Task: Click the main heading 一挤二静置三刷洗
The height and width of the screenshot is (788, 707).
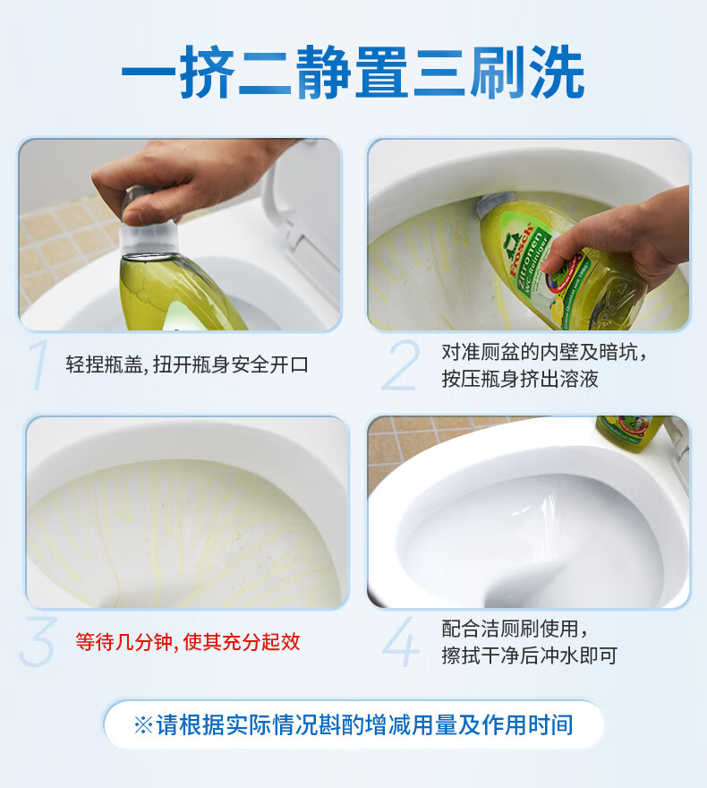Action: [x=353, y=72]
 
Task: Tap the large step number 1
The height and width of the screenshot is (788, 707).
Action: [x=38, y=364]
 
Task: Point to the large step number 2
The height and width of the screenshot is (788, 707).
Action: [x=400, y=364]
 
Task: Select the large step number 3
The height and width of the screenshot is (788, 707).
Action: [x=38, y=642]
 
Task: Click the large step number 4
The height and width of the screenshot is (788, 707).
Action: [x=400, y=642]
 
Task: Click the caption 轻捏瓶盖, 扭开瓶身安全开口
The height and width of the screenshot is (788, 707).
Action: [x=187, y=364]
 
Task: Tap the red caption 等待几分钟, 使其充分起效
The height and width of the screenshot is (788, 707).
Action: [x=188, y=642]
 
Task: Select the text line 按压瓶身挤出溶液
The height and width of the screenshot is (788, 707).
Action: [x=520, y=379]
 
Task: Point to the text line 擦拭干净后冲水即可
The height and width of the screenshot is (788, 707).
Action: [x=529, y=655]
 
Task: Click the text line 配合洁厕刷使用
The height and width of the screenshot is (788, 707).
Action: [x=514, y=629]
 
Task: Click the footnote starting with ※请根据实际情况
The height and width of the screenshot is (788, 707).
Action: [x=353, y=724]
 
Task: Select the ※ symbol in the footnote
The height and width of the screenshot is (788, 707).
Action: [x=143, y=725]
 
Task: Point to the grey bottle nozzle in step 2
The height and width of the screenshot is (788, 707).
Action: [x=494, y=203]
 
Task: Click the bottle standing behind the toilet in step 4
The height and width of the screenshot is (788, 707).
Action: [x=630, y=433]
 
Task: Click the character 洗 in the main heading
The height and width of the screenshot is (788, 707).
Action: [x=558, y=72]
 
